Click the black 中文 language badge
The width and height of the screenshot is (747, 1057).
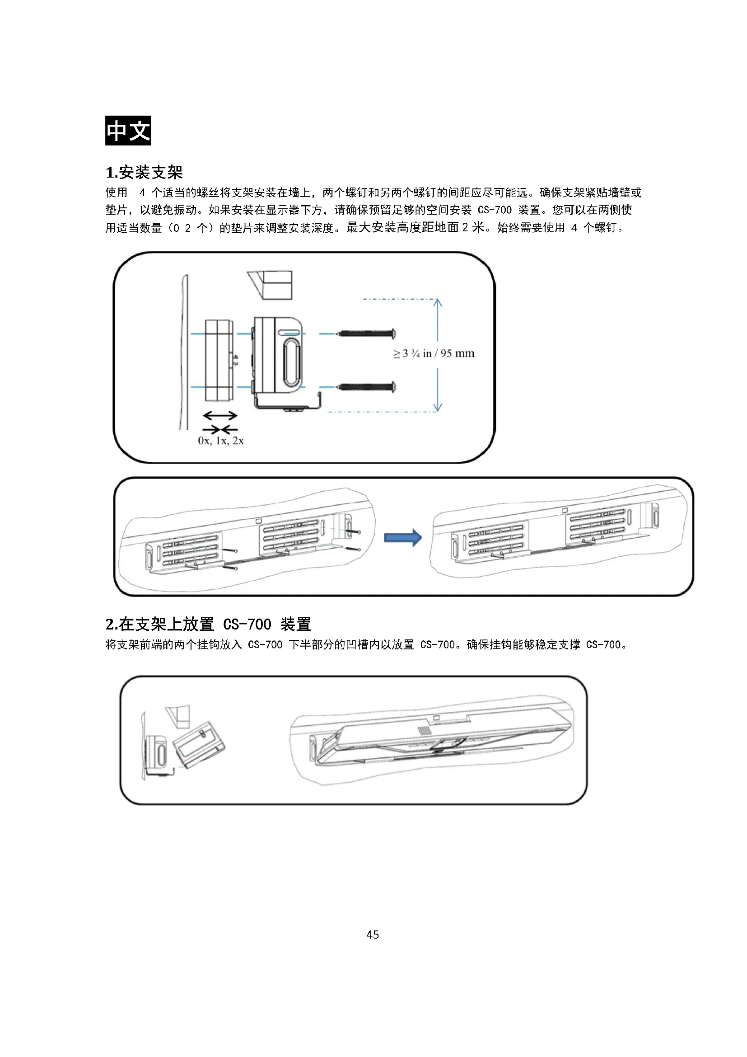coord(128,131)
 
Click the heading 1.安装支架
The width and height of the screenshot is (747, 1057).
coord(145,173)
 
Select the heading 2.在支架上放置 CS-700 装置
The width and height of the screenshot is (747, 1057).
coord(208,624)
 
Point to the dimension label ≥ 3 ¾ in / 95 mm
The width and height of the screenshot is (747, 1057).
coord(434,353)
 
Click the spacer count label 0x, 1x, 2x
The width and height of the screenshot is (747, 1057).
coord(221,441)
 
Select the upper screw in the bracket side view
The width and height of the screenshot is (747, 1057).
coord(366,333)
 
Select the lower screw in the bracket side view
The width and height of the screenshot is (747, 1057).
coord(366,387)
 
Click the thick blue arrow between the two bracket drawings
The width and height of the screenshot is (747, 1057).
coord(403,537)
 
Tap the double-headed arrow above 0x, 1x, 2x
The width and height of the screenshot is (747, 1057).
coord(220,416)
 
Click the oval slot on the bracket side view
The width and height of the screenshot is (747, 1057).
coord(291,362)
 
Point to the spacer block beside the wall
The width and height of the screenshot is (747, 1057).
coord(219,360)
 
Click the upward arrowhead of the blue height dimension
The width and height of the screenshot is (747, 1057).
coord(438,303)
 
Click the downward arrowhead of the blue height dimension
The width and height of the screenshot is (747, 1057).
coord(438,408)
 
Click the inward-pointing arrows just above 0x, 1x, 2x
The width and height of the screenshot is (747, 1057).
coord(220,429)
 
